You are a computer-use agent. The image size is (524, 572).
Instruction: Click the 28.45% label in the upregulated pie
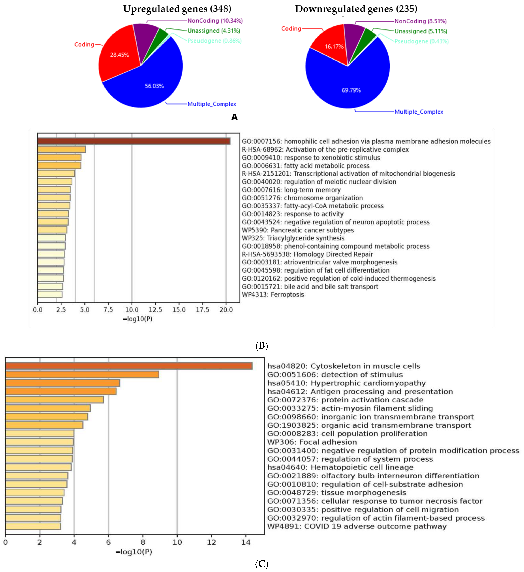tap(119, 55)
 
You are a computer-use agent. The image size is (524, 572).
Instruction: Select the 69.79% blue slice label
tap(351, 90)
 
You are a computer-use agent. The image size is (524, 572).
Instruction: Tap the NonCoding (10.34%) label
tap(215, 21)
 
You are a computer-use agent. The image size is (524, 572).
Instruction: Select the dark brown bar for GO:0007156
tap(134, 141)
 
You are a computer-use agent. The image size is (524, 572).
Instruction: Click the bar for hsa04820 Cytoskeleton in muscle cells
tap(129, 366)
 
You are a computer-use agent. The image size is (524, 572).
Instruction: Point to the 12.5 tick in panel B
tap(155, 309)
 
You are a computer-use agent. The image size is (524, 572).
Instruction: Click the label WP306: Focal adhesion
tap(312, 442)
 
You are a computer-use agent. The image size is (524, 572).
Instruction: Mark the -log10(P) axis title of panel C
tap(134, 552)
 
